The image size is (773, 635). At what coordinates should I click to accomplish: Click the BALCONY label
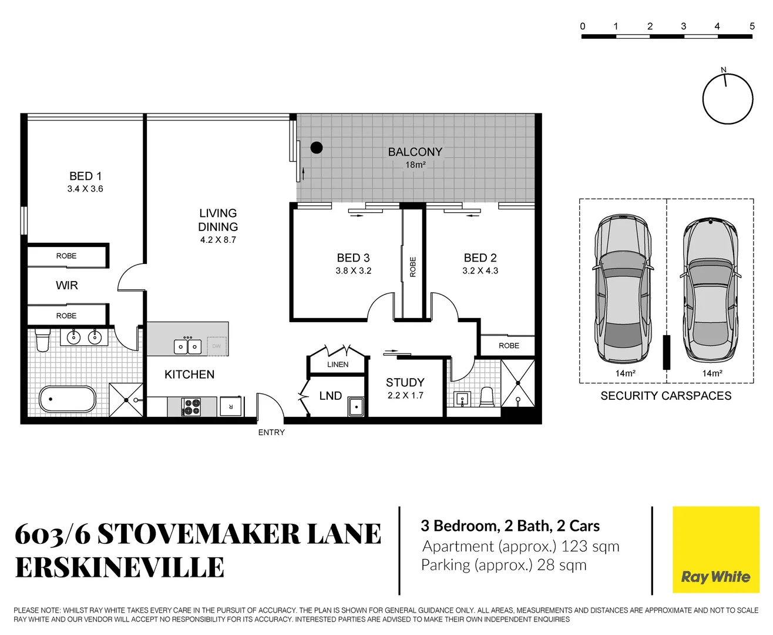415,152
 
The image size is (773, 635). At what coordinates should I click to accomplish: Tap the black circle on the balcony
317,148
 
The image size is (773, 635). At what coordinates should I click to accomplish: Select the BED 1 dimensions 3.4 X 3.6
85,189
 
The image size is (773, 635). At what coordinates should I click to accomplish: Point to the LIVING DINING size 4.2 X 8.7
218,240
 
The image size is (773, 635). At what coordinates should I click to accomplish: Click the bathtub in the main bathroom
67,399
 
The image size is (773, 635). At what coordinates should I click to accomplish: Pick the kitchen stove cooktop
191,406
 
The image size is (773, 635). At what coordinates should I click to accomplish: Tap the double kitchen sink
187,346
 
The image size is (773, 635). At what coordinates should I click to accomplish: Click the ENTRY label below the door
271,432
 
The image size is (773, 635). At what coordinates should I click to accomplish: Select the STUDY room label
405,382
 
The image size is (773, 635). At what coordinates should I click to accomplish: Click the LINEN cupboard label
338,365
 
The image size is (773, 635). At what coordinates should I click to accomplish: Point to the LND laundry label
330,396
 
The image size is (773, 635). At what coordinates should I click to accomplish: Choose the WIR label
67,285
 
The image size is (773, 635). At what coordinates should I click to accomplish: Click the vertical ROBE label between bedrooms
413,267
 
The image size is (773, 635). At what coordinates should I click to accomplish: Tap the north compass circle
728,99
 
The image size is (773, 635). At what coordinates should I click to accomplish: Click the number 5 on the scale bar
752,26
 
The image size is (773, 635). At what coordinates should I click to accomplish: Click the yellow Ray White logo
715,550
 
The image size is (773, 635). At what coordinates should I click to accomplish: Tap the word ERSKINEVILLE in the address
120,567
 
